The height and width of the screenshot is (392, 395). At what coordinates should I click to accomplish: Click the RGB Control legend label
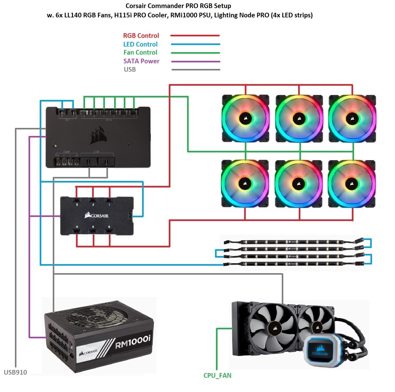pyautogui.click(x=141, y=36)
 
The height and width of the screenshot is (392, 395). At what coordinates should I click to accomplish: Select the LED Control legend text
pyautogui.click(x=140, y=44)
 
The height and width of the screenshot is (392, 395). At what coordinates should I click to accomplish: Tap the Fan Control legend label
pyautogui.click(x=140, y=52)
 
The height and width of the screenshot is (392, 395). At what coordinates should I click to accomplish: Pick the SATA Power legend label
pyautogui.click(x=141, y=61)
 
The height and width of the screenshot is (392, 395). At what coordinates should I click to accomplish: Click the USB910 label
pyautogui.click(x=15, y=372)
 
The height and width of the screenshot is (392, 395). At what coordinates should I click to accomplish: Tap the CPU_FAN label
pyautogui.click(x=217, y=376)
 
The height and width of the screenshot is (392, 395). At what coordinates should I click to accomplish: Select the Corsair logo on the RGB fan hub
pyautogui.click(x=97, y=215)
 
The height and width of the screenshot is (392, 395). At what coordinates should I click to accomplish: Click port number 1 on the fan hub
pyautogui.click(x=109, y=205)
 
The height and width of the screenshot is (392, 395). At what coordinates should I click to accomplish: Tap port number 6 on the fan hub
pyautogui.click(x=109, y=227)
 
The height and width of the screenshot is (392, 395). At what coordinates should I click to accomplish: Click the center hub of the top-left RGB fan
pyautogui.click(x=245, y=118)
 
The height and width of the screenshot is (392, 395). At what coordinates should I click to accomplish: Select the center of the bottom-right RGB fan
pyautogui.click(x=352, y=183)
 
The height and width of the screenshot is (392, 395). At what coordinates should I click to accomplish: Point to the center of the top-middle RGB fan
pyautogui.click(x=299, y=118)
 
